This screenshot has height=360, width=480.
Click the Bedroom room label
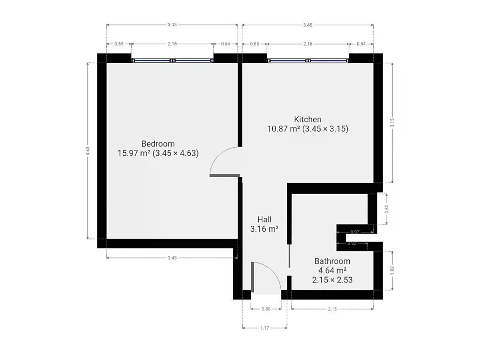point(158,144)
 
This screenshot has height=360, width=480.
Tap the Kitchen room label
point(308,119)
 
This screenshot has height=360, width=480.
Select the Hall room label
point(264,220)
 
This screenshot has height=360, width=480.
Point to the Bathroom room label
point(332,261)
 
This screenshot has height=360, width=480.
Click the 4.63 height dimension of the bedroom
point(88,151)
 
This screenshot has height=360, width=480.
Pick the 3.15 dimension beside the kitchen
point(392,123)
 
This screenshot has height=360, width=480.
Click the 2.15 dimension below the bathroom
point(332,309)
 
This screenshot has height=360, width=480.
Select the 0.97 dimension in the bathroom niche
point(355,232)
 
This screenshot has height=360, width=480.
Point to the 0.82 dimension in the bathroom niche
point(352,243)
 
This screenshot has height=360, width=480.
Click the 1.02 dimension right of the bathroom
point(392,270)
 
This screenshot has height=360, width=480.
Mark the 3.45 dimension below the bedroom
point(172,258)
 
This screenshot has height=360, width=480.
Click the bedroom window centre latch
point(172,60)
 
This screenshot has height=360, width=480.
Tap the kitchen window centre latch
point(308,60)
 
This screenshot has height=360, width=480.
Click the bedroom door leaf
point(224,176)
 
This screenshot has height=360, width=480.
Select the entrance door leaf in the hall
point(252,277)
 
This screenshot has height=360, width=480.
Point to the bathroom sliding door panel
point(289,256)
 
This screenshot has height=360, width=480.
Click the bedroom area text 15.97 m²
point(134,153)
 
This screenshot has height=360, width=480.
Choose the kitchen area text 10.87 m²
point(284,128)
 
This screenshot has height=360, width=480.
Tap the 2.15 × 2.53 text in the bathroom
point(332,280)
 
